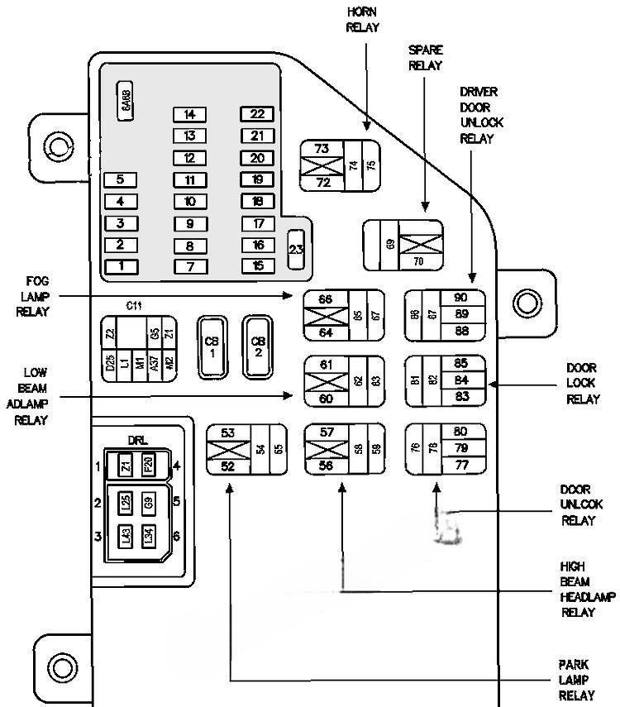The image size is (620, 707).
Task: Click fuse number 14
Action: [x=189, y=114]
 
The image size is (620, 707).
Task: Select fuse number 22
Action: [x=257, y=114]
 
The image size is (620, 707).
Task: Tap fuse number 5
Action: [x=121, y=179]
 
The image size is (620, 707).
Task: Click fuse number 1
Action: [x=121, y=265]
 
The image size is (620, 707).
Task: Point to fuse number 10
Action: [x=189, y=201]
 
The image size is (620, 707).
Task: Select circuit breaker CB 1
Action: [x=211, y=346]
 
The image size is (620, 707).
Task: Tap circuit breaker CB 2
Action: [x=258, y=346]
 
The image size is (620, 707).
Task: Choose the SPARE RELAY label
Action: [x=425, y=57]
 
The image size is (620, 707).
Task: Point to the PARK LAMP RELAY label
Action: [x=577, y=680]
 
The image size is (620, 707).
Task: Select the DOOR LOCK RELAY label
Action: [x=581, y=382]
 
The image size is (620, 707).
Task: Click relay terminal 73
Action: [x=322, y=149]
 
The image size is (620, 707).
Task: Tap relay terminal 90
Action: [x=461, y=297]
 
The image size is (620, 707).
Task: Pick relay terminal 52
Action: [x=227, y=466]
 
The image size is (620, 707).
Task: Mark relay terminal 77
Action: [x=461, y=466]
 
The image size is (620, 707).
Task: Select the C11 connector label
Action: [x=134, y=306]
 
